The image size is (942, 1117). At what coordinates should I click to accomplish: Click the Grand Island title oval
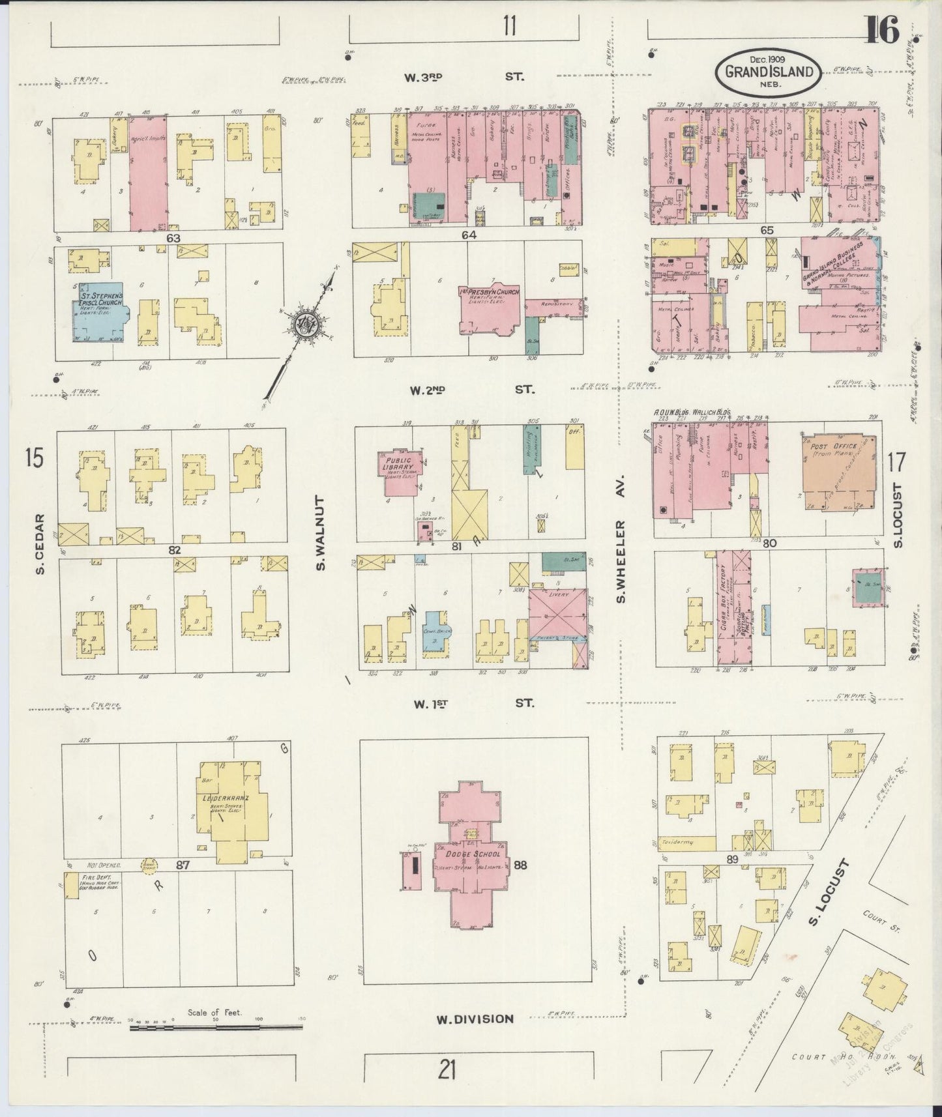pyautogui.click(x=767, y=70)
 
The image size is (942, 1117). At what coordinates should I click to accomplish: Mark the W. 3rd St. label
pyautogui.click(x=463, y=77)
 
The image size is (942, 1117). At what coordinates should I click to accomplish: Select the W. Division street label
pyautogui.click(x=476, y=1036)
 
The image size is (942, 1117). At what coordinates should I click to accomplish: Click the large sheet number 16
pyautogui.click(x=883, y=31)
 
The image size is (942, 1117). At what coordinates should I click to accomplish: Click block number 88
pyautogui.click(x=520, y=865)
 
